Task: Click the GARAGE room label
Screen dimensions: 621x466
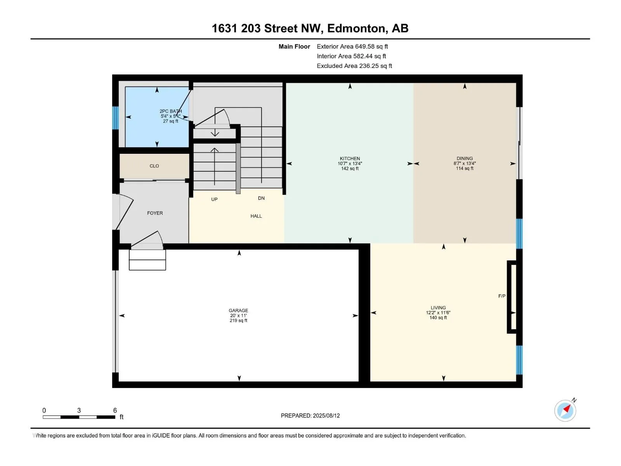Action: (238, 310)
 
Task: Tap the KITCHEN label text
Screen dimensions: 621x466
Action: (350, 158)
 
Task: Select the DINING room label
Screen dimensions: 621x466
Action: (465, 158)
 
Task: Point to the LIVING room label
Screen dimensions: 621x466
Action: (438, 308)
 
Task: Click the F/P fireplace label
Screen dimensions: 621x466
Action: (501, 296)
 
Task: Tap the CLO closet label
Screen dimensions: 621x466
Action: (154, 166)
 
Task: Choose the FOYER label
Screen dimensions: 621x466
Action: (155, 213)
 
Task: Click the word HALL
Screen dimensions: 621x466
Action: (256, 216)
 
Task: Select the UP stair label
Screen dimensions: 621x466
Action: (214, 199)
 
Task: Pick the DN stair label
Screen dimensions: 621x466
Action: (261, 198)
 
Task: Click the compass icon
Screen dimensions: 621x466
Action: (565, 410)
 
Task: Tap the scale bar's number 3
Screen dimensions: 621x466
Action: (79, 410)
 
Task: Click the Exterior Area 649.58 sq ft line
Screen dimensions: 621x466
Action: (352, 46)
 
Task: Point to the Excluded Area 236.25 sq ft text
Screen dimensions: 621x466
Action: (354, 66)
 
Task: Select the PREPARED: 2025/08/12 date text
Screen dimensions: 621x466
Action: (310, 416)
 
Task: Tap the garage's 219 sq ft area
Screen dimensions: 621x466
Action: (238, 321)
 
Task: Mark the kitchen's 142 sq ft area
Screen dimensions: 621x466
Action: (350, 169)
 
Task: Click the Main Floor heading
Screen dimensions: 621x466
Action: (294, 46)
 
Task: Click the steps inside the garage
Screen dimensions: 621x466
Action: (147, 260)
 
